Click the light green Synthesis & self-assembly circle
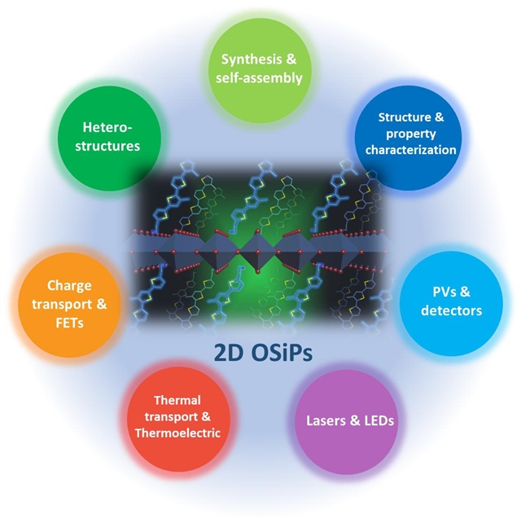(261, 68)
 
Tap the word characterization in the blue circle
(411, 150)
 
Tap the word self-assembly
(261, 78)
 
